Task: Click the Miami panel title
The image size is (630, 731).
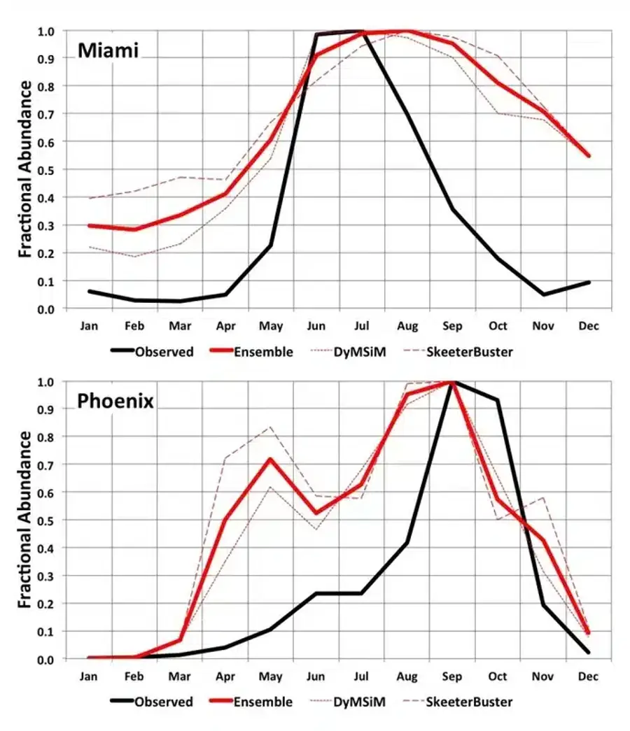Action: [108, 51]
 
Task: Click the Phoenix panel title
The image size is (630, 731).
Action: [115, 402]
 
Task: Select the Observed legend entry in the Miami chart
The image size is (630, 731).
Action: [164, 352]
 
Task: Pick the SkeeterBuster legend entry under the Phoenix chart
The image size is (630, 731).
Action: [469, 702]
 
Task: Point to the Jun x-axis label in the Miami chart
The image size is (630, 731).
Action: [316, 326]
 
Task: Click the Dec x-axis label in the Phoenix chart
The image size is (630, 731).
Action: [589, 676]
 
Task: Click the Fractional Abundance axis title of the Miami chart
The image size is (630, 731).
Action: [24, 169]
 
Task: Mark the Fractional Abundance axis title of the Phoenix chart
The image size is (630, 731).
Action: [24, 520]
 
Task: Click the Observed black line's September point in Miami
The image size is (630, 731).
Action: [452, 209]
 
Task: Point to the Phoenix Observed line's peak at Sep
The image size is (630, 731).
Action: [452, 382]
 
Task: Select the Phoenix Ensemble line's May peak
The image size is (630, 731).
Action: [270, 459]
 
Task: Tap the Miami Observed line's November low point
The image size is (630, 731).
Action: [543, 294]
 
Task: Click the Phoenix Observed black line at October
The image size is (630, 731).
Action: [498, 400]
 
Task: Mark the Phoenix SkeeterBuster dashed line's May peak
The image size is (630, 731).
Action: [270, 427]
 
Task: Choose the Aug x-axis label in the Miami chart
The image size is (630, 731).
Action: [407, 326]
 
